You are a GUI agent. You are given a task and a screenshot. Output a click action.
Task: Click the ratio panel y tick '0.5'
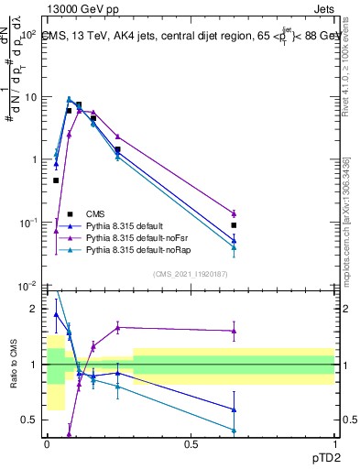(x=32, y=420)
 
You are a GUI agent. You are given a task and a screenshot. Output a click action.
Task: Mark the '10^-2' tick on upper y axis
(x=27, y=286)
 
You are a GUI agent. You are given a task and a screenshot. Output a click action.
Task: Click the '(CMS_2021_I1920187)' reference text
(x=190, y=273)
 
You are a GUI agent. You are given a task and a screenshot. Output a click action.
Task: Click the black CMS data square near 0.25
(x=117, y=149)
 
